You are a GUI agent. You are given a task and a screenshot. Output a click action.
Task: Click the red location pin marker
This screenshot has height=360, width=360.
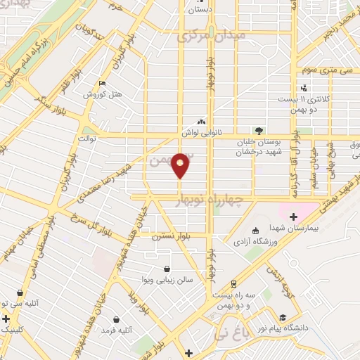(x=181, y=165)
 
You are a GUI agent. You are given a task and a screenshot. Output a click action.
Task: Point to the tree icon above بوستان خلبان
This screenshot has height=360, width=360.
(x=258, y=130)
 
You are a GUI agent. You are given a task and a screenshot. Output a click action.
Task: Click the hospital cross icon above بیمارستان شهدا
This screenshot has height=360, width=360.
(x=293, y=216)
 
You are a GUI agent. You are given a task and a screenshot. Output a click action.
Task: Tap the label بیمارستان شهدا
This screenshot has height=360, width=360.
(x=293, y=229)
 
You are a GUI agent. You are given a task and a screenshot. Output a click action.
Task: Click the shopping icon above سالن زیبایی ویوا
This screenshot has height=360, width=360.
(x=167, y=268)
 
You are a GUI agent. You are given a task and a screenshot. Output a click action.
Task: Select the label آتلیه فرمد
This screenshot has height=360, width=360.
(x=117, y=329)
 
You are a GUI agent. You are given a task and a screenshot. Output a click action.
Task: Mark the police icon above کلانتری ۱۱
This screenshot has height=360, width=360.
(x=304, y=88)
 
